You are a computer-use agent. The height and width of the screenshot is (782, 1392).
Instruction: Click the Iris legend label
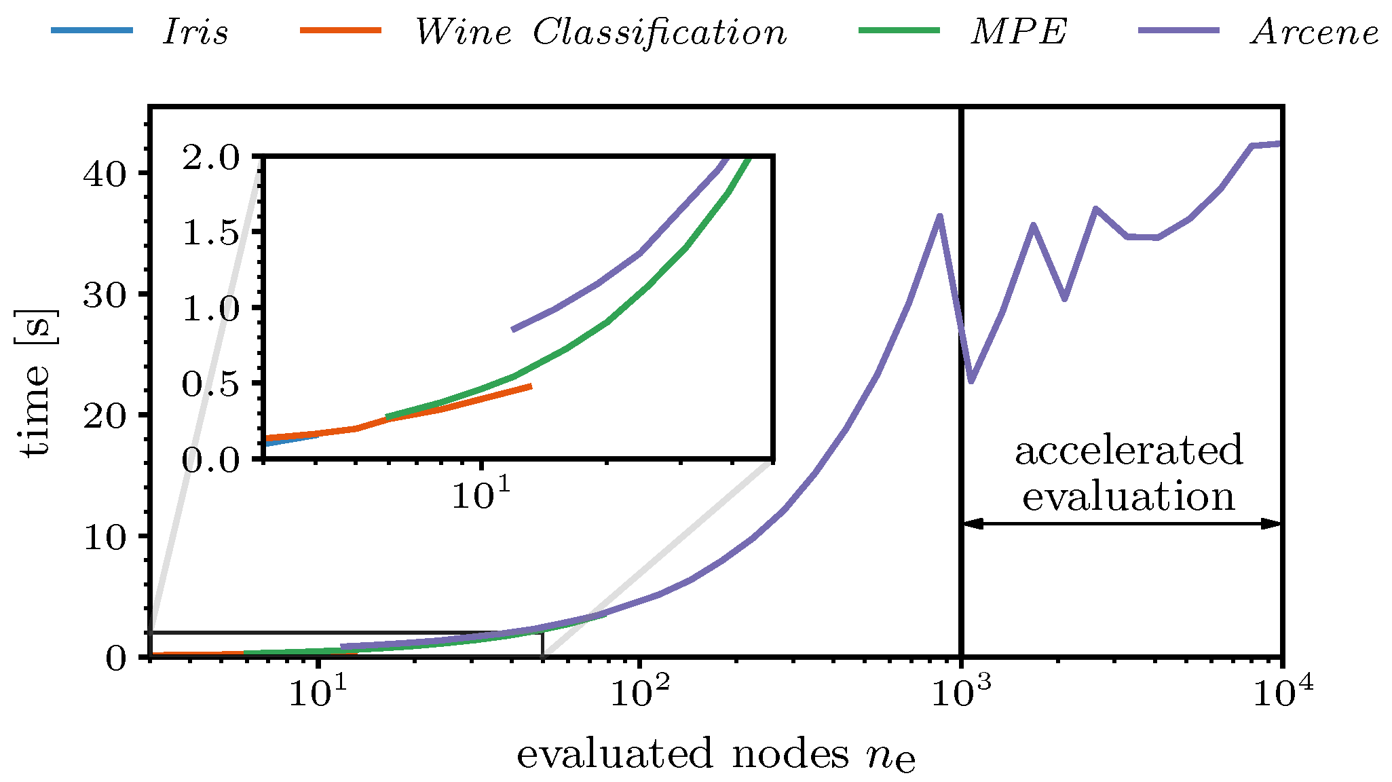(195, 32)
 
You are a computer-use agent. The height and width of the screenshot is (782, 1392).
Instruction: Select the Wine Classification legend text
(601, 32)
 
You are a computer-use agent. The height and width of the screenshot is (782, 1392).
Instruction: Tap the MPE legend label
(1019, 32)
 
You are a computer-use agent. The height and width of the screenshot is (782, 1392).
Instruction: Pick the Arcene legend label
(1315, 32)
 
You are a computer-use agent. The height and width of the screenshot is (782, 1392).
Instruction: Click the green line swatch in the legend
(899, 31)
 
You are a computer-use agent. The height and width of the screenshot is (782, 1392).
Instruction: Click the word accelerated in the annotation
(1129, 451)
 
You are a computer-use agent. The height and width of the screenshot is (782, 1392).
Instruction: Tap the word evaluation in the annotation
(1129, 496)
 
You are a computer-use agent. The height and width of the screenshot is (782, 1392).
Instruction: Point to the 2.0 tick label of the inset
(220, 157)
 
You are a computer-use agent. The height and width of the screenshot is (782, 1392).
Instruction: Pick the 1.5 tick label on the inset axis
(220, 234)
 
